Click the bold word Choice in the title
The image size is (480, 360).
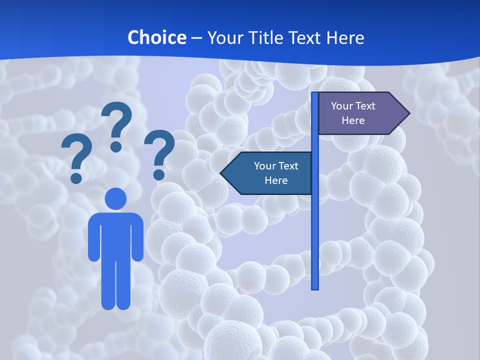pyautogui.click(x=156, y=37)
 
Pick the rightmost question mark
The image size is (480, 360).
pyautogui.click(x=159, y=150)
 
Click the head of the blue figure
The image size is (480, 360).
pyautogui.click(x=116, y=198)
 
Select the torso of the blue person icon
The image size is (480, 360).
pyautogui.click(x=116, y=235)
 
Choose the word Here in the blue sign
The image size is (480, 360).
pyautogui.click(x=276, y=180)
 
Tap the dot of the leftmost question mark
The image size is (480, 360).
pyautogui.click(x=76, y=178)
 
